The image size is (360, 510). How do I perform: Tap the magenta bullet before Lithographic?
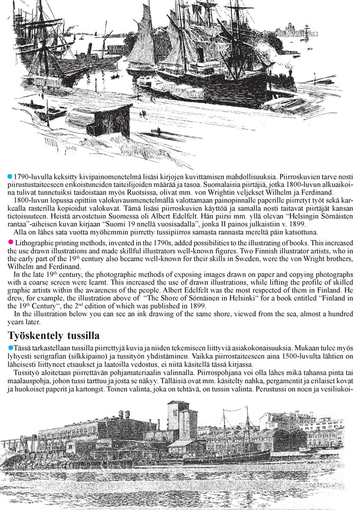10,242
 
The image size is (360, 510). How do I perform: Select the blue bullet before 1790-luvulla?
10,175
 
